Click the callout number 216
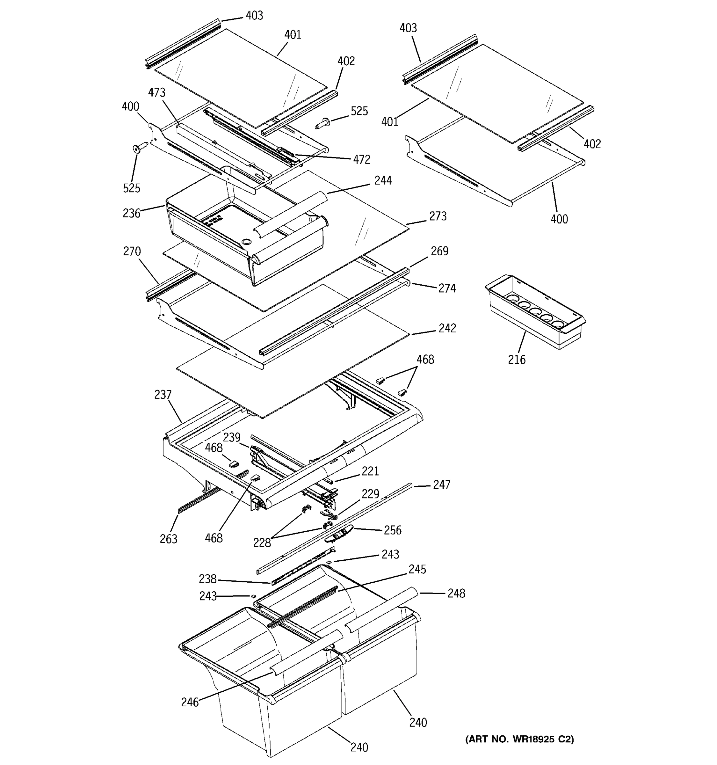coord(516,360)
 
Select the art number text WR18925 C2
coord(519,739)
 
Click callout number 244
coord(383,180)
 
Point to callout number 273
coord(438,216)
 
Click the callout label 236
coord(131,213)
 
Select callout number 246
coord(190,702)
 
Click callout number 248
coord(456,594)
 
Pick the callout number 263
coord(169,539)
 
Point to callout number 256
coord(392,530)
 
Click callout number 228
coord(262,543)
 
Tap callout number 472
coord(362,159)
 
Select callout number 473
coord(156,92)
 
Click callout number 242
coord(447,328)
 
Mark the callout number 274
coord(447,288)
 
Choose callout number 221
coord(370,471)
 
